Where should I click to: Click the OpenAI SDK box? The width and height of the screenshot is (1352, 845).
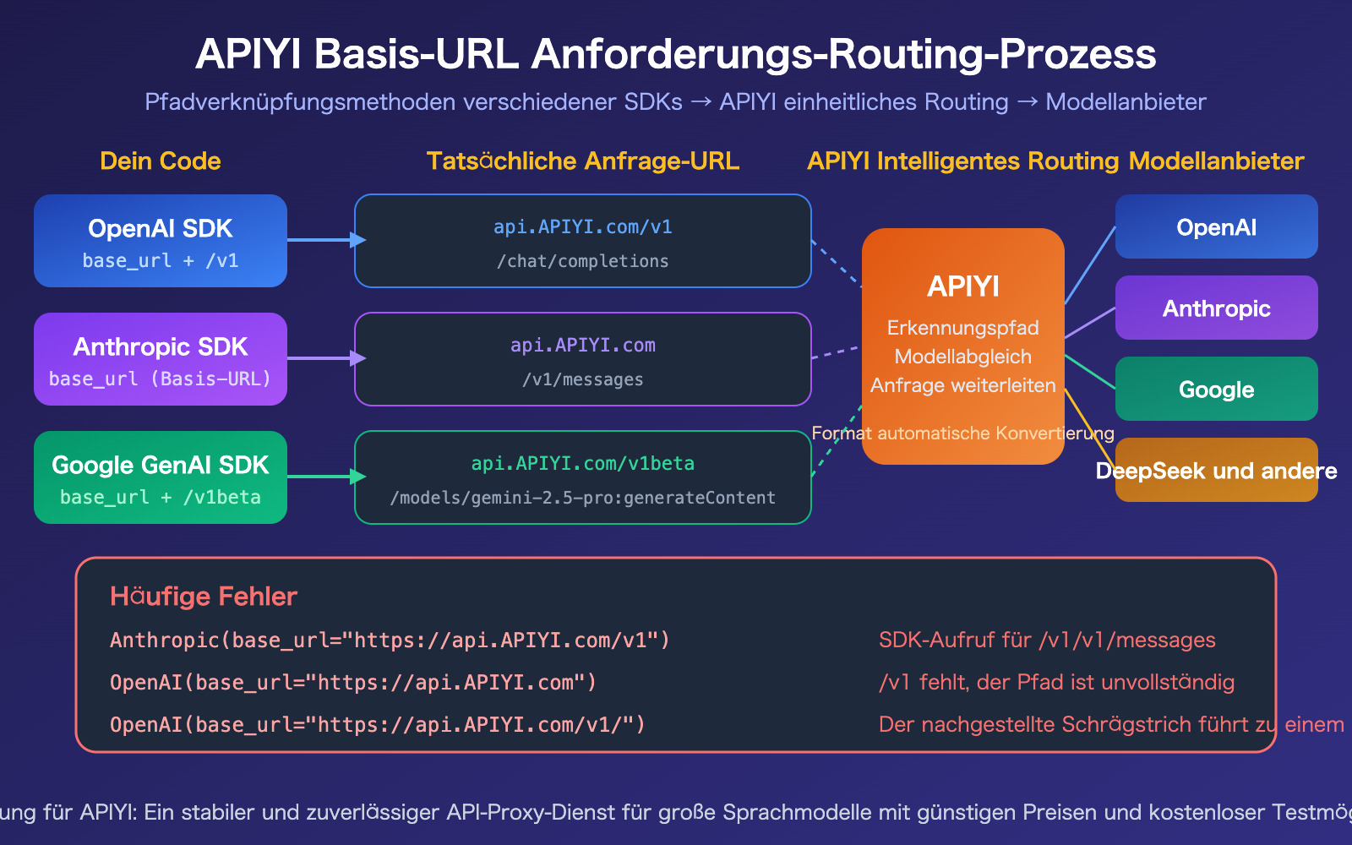161,241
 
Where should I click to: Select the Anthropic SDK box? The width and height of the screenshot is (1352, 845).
161,359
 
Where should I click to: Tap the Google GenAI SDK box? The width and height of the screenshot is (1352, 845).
161,477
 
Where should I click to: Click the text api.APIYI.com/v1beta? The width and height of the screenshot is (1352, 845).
583,463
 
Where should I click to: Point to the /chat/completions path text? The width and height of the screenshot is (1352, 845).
583,261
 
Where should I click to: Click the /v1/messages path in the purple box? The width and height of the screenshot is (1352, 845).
583,379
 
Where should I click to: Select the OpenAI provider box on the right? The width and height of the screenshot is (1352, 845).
1216,226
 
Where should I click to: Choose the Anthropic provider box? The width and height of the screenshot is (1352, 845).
1216,308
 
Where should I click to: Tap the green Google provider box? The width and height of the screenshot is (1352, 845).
1216,389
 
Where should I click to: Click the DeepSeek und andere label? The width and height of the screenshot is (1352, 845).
1216,471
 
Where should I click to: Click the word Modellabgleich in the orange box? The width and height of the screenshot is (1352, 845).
962,357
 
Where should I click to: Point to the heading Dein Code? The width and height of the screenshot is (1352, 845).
161,161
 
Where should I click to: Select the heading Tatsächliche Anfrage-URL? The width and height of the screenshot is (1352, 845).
583,161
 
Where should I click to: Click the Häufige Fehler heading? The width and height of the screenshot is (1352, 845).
204,597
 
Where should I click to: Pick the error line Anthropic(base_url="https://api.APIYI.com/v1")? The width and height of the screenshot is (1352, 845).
390,640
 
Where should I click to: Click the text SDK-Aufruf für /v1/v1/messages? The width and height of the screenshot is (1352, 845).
1047,640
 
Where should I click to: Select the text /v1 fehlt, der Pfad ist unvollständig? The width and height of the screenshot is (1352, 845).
1056,682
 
